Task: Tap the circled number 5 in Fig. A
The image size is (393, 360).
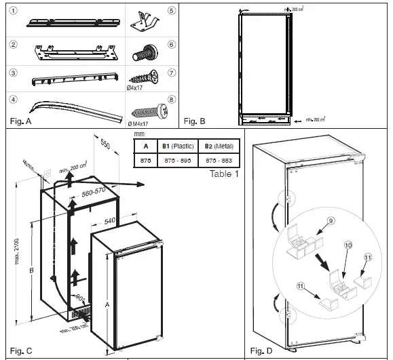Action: click(x=171, y=12)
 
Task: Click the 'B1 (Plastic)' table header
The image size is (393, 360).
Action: click(x=178, y=145)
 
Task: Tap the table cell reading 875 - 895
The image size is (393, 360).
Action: click(x=178, y=160)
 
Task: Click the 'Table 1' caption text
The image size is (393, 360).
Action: click(x=223, y=174)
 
